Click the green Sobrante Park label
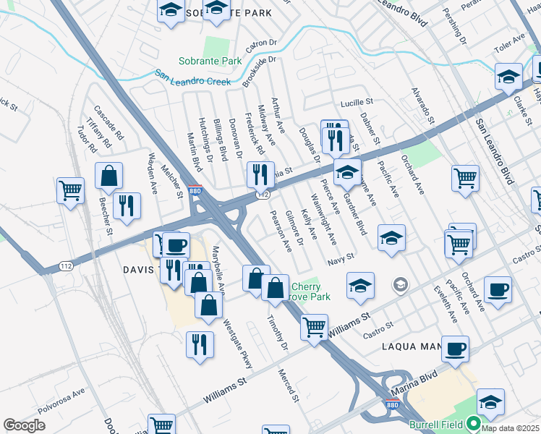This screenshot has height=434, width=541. [x=211, y=61]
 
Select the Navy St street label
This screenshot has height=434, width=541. [x=340, y=257]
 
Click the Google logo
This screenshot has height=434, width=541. [x=24, y=425]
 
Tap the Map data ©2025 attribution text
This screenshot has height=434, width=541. [x=510, y=428]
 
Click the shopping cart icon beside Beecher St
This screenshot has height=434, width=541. [x=71, y=192]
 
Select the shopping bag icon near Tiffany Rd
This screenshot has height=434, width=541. [x=108, y=176]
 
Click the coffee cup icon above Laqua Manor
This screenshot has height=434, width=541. [x=454, y=349]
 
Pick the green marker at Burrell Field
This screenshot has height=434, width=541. [x=474, y=423]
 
